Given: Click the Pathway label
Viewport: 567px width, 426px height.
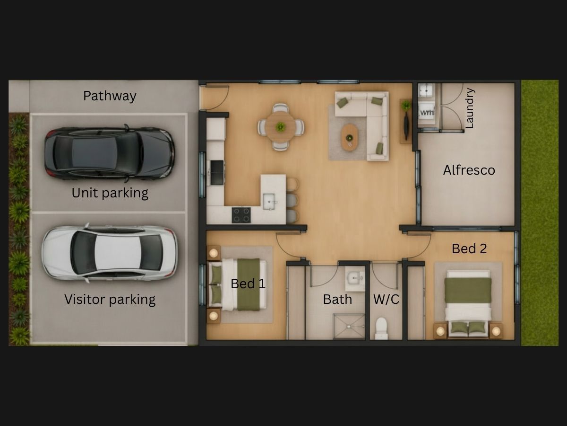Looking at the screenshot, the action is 110,96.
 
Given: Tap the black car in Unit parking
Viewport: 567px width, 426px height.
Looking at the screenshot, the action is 110,153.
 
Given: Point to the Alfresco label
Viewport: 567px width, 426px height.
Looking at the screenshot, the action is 469,170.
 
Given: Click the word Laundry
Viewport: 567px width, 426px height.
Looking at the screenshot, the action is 470,108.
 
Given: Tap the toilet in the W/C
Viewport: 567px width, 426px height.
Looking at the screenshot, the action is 381,328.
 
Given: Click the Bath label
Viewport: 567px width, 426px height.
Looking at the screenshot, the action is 337,299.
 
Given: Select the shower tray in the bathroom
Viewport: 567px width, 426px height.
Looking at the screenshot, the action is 349,326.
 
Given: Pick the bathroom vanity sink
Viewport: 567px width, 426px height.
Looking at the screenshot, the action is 355,279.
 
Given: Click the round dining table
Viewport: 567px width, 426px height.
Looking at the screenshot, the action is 281,127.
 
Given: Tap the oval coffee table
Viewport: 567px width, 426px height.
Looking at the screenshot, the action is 349,137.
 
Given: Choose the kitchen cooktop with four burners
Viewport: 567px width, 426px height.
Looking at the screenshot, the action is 241,215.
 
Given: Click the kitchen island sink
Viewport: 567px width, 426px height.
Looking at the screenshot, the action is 269,202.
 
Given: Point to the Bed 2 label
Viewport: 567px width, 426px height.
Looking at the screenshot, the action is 469,248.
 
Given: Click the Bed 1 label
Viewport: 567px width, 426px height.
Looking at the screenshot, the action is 248,284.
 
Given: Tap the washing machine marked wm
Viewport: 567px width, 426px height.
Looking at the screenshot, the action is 427,113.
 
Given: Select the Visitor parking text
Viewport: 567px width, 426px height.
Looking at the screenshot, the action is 110,300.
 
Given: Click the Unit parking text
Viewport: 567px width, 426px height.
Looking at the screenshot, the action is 110,193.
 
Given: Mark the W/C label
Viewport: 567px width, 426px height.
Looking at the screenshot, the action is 386,299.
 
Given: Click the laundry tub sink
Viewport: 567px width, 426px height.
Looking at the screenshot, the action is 426,90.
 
